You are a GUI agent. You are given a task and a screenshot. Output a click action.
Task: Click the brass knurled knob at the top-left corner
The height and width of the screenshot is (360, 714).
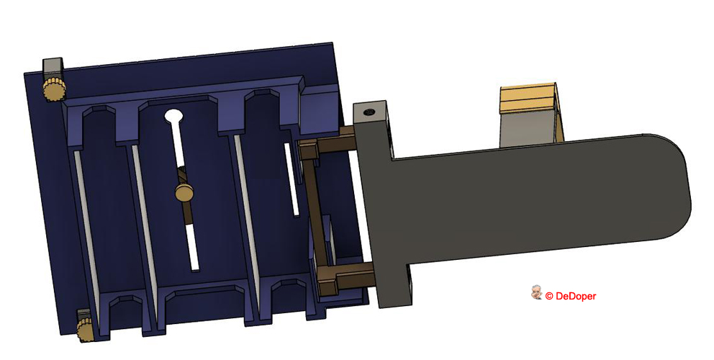pyautogui.click(x=53, y=90)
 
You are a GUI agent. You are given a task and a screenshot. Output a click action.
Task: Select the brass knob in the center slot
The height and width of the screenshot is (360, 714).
pyautogui.click(x=184, y=192)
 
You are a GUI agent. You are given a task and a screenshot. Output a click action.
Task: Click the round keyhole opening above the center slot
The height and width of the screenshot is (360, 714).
pyautogui.click(x=173, y=115)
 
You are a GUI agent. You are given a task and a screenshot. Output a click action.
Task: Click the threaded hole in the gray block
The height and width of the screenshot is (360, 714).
pyautogui.click(x=370, y=112)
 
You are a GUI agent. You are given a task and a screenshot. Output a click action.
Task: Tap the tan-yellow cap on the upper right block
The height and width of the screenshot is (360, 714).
pyautogui.click(x=529, y=97)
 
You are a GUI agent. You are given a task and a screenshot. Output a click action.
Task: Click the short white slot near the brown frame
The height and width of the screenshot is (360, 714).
pyautogui.click(x=292, y=180)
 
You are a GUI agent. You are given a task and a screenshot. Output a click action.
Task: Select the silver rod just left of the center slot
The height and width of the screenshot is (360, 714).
pyautogui.click(x=144, y=216)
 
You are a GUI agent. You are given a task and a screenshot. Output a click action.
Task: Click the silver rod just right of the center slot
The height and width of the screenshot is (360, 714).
pyautogui.click(x=245, y=209)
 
